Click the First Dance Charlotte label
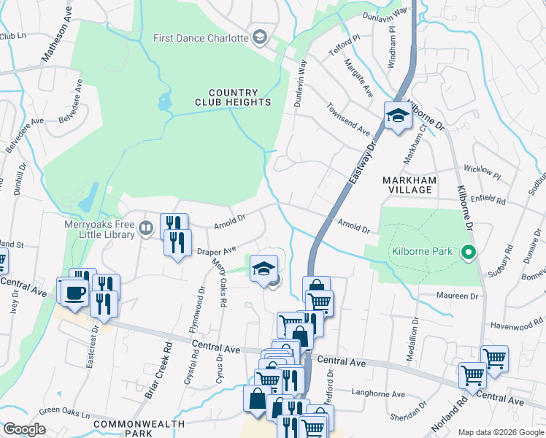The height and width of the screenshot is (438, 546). coord(200,38)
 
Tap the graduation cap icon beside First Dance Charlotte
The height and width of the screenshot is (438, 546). coord(259,38)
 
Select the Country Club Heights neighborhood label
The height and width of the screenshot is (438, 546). coord(233,97)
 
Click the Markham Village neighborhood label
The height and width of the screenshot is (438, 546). coord(409,185)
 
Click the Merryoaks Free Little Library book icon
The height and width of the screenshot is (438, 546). coord(146,229)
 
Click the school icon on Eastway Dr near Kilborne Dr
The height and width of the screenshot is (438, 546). coord(398,115)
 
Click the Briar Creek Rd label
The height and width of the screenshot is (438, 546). coord(158,370)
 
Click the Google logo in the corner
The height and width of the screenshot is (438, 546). coord(24,429)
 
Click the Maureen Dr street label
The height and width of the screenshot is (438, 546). coord(458,296)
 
